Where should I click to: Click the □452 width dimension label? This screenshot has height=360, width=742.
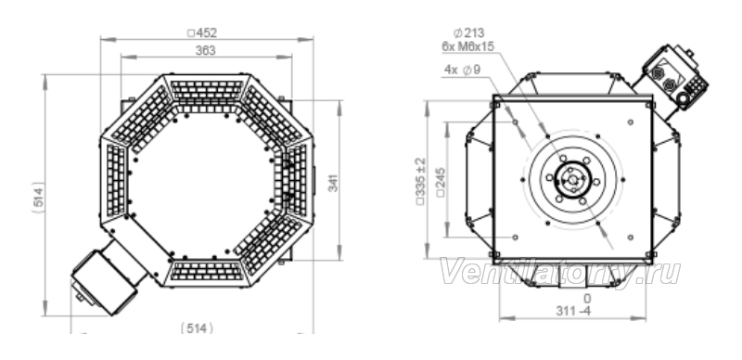[202, 32]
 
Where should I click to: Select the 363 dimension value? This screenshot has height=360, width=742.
[205, 50]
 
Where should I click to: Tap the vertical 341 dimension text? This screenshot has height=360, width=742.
[334, 184]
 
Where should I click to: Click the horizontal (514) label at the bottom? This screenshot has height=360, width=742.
[197, 328]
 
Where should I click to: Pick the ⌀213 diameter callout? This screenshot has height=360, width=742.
[468, 32]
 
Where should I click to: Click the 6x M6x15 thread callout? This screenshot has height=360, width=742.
[468, 46]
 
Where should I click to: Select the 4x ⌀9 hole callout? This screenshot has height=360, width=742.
[462, 70]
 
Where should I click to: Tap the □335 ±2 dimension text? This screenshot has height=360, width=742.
[421, 181]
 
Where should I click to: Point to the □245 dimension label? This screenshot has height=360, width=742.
[441, 183]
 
